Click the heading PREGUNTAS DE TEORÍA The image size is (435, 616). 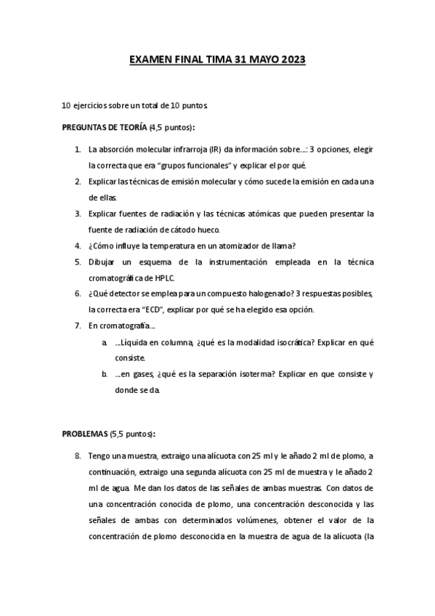tap(104, 127)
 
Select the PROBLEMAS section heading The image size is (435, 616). tap(84, 434)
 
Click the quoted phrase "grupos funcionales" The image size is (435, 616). tap(155, 165)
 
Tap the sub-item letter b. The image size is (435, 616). tap(105, 374)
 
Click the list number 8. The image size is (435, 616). tap(77, 455)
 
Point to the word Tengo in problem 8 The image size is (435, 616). tap(99, 455)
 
